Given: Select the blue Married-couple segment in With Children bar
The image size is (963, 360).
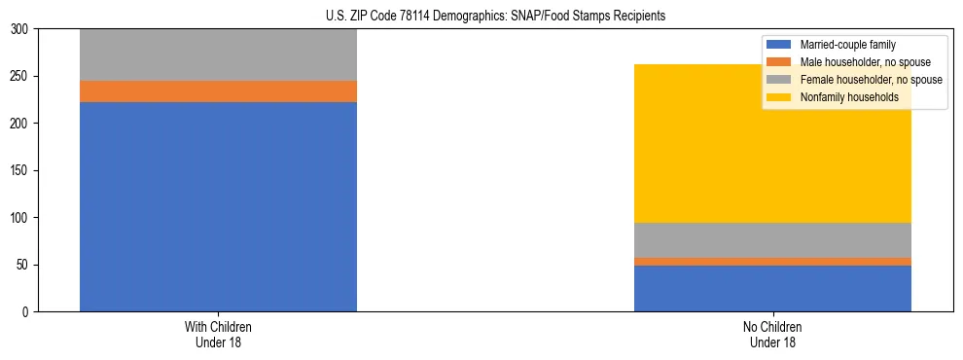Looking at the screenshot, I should tap(218, 206).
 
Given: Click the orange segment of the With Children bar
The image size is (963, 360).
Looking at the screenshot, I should tap(218, 91).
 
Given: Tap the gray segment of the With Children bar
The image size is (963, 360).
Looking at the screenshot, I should tap(218, 55).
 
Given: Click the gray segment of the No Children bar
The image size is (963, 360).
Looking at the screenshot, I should tap(772, 240).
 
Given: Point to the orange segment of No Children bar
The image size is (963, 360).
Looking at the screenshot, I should tap(772, 262).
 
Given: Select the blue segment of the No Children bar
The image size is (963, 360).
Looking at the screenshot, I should tap(772, 288).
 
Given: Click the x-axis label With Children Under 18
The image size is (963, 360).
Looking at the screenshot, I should tap(218, 334).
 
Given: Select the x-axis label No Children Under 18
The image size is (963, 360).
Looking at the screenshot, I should tap(772, 334).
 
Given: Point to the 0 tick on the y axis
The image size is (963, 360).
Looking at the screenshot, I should tap(26, 312).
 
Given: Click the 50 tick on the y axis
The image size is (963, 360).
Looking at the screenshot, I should tap(23, 265).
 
